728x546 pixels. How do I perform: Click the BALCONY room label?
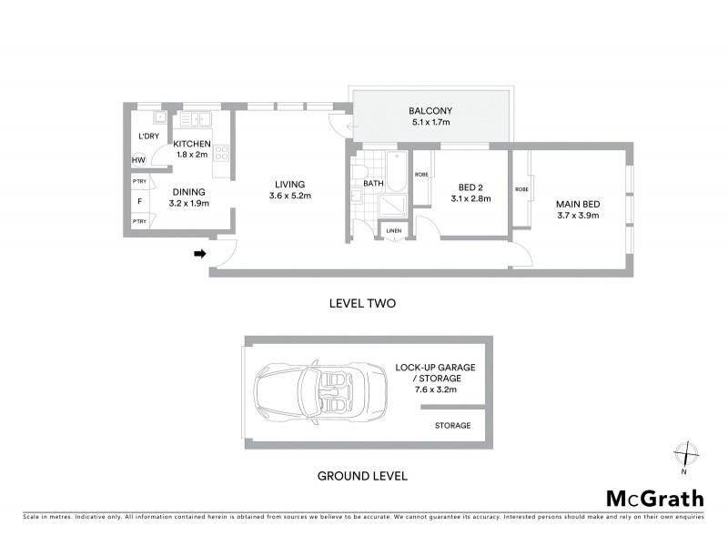pyautogui.click(x=431, y=111)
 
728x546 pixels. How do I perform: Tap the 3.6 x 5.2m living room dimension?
pyautogui.click(x=290, y=196)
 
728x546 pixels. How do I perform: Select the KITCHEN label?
pyautogui.click(x=192, y=144)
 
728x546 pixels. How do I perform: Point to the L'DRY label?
pyautogui.click(x=148, y=136)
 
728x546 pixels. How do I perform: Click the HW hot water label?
pyautogui.click(x=139, y=160)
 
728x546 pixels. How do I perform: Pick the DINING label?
pyautogui.click(x=190, y=192)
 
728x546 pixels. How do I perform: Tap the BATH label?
pyautogui.click(x=373, y=183)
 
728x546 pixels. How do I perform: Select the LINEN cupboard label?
pyautogui.click(x=393, y=230)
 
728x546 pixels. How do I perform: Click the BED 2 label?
pyautogui.click(x=470, y=187)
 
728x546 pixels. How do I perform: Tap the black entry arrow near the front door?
pyautogui.click(x=199, y=254)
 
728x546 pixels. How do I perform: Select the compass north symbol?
pyautogui.click(x=684, y=453)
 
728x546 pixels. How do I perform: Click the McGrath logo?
pyautogui.click(x=655, y=498)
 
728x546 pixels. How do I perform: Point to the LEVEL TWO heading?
pyautogui.click(x=361, y=303)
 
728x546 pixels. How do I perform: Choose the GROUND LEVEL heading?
pyautogui.click(x=361, y=475)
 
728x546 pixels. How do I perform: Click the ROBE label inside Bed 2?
pyautogui.click(x=421, y=174)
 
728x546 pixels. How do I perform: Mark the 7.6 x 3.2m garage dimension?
pyautogui.click(x=427, y=389)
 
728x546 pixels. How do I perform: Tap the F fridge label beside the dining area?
pyautogui.click(x=139, y=201)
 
